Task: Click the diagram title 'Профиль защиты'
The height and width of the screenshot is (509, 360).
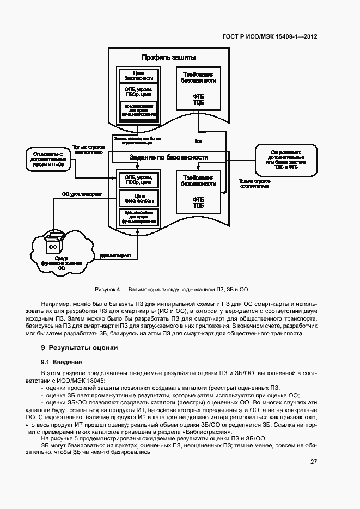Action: click(169, 57)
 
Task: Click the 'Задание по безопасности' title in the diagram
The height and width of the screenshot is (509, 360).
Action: click(169, 157)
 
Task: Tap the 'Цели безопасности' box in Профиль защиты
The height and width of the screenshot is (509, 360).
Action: click(138, 76)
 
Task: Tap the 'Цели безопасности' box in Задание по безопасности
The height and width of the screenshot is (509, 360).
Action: click(138, 197)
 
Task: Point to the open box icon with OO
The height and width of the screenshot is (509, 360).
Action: click(54, 243)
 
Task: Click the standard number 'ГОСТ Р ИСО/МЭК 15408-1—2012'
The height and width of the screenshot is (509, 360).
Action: click(270, 37)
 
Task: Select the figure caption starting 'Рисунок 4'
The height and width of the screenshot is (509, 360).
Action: click(172, 289)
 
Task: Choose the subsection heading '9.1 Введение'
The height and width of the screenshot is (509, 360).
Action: click(62, 361)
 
